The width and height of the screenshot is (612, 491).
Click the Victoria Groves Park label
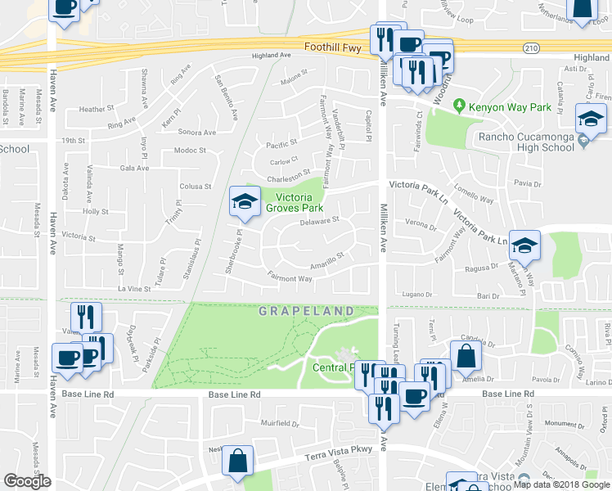(294, 202)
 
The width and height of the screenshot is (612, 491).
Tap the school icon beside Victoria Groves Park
(243, 204)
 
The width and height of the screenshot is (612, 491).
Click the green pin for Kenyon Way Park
(460, 106)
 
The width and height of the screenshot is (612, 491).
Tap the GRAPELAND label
(308, 311)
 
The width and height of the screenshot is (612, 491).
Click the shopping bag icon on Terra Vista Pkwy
(237, 461)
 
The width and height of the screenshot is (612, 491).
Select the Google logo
(27, 481)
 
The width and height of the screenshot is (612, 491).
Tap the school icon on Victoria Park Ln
(524, 245)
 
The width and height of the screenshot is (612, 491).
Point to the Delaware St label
(319, 221)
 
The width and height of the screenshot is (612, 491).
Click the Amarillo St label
(327, 259)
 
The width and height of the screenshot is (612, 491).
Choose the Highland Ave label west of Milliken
(272, 55)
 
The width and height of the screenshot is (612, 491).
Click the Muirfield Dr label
(281, 423)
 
